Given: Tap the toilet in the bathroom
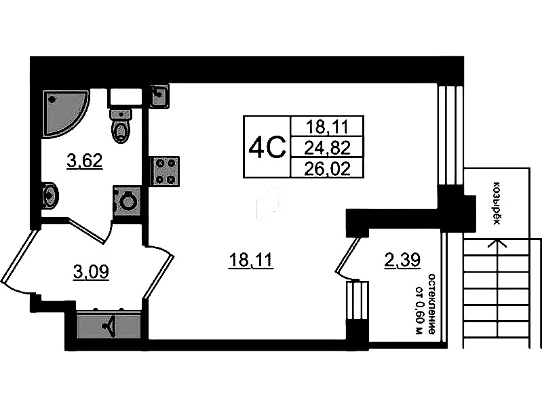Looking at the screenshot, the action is pyautogui.click(x=121, y=125).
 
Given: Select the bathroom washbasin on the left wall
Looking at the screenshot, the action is pyautogui.click(x=50, y=195).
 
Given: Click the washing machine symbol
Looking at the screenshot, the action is pyautogui.click(x=127, y=201).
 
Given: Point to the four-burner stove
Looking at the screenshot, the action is pyautogui.click(x=165, y=171).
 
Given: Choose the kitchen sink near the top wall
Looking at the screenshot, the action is pyautogui.click(x=159, y=96).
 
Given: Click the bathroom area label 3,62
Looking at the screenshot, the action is pyautogui.click(x=85, y=161).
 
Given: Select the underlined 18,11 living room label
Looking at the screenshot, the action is pyautogui.click(x=251, y=260).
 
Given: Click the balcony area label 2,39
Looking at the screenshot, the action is pyautogui.click(x=402, y=260).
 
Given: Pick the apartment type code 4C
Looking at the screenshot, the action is pyautogui.click(x=267, y=147).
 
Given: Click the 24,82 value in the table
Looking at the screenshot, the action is pyautogui.click(x=328, y=148).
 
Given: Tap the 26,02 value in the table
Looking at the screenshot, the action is pyautogui.click(x=328, y=169).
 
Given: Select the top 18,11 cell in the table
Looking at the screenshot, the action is pyautogui.click(x=328, y=127).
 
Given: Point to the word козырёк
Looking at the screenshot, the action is pyautogui.click(x=497, y=203).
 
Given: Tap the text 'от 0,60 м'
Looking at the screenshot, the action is pyautogui.click(x=419, y=310).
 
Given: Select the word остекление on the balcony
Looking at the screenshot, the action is pyautogui.click(x=431, y=305).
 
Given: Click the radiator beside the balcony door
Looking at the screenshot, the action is pyautogui.click(x=357, y=301).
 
